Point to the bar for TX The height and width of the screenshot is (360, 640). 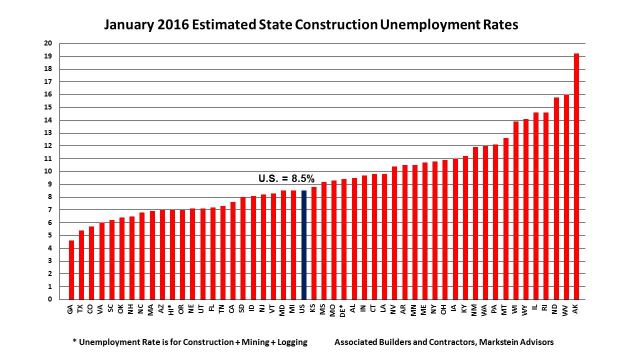[x=81, y=265]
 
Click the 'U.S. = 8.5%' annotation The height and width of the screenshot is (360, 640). [x=286, y=178]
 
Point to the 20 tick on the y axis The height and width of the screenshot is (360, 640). [x=48, y=43]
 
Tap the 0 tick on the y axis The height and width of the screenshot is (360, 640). [x=50, y=299]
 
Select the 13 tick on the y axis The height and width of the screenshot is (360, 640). [x=48, y=133]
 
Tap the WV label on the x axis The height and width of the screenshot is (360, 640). [x=566, y=311]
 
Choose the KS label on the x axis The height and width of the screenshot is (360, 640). [x=313, y=310]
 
